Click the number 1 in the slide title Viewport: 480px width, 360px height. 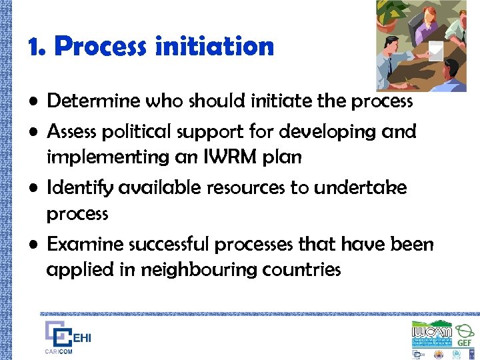coord(35,47)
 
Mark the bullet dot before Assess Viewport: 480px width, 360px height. coord(35,132)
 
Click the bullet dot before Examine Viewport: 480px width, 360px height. coord(35,245)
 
